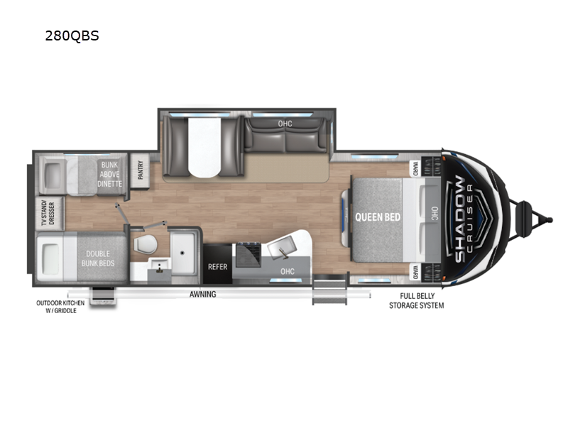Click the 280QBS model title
(x=72, y=36)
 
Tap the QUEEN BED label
(x=378, y=217)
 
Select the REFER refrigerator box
(x=218, y=264)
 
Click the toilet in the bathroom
(x=146, y=244)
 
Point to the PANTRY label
(x=141, y=170)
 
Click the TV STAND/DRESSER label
(x=48, y=214)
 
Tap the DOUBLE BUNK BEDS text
(x=98, y=258)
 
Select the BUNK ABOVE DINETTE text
(x=109, y=174)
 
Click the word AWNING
(x=203, y=294)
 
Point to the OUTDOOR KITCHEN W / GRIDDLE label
(x=60, y=307)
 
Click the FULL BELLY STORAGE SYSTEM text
(x=416, y=301)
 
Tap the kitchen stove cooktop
(x=248, y=255)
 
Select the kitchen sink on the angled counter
(x=281, y=247)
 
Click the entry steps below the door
(x=329, y=290)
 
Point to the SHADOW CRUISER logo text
(x=463, y=219)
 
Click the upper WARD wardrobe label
(x=415, y=168)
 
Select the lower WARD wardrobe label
(x=415, y=273)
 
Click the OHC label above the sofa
(x=285, y=124)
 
